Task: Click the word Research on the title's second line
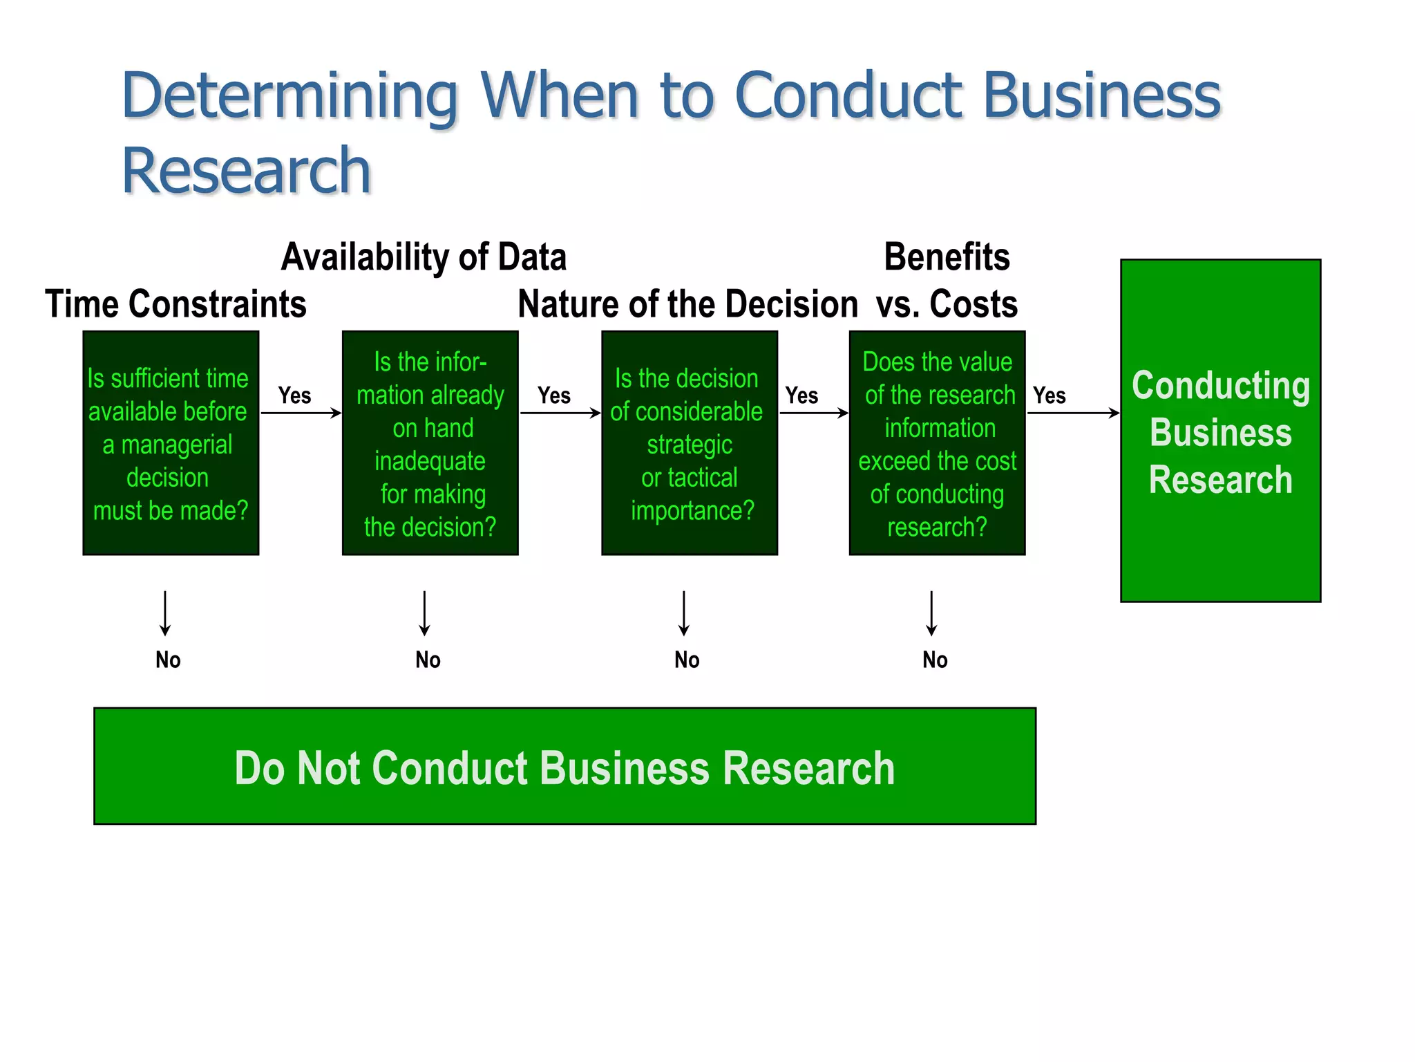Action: click(x=247, y=171)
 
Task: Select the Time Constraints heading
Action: click(x=175, y=304)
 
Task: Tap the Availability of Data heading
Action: click(x=424, y=257)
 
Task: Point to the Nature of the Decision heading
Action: click(x=688, y=304)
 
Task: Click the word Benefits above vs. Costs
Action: click(x=947, y=257)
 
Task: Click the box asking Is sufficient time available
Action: click(x=171, y=443)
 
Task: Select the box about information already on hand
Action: click(x=430, y=443)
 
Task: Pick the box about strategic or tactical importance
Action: click(x=689, y=443)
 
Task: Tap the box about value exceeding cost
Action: click(x=937, y=443)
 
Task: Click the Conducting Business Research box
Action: click(x=1220, y=431)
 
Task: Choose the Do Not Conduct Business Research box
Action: click(x=564, y=766)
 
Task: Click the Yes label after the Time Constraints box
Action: click(x=294, y=395)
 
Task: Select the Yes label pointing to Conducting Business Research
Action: click(x=1049, y=395)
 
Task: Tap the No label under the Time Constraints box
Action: click(x=168, y=660)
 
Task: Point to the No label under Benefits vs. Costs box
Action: click(x=935, y=660)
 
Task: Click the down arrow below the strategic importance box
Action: click(x=683, y=613)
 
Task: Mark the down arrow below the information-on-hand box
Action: click(x=424, y=613)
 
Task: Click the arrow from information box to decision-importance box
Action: click(x=560, y=413)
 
